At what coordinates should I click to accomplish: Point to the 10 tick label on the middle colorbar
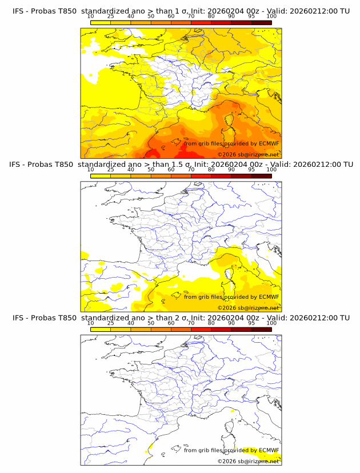coord(90,170)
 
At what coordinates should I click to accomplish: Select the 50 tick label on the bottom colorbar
coord(151,323)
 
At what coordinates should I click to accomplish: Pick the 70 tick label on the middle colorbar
coord(191,170)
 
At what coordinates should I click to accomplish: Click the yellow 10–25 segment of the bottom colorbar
coord(100,329)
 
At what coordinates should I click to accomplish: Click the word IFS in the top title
coord(19,11)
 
